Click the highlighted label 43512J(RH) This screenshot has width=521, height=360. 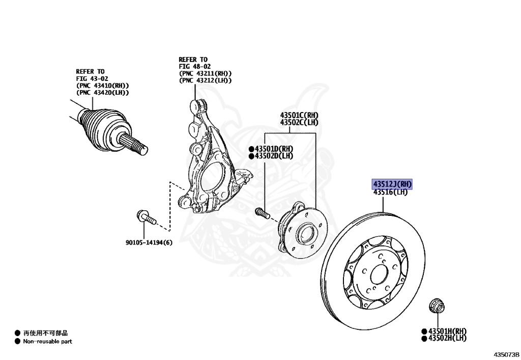tap(392, 184)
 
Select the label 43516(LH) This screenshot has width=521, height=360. tap(391, 192)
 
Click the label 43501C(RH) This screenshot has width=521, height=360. tap(299, 116)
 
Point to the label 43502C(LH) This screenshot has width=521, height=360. tap(299, 123)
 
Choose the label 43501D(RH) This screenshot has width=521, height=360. tap(274, 149)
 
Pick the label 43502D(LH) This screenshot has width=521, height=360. tap(274, 156)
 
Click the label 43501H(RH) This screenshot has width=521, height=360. tap(447, 331)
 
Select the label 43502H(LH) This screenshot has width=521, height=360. tap(447, 338)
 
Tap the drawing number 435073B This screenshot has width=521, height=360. tap(505, 353)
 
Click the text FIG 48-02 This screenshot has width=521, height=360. tap(194, 67)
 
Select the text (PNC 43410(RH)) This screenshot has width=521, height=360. tap(102, 86)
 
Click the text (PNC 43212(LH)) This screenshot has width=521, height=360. tap(205, 80)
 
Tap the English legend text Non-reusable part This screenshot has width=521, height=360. tap(47, 342)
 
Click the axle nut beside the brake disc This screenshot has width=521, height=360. tap(436, 306)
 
